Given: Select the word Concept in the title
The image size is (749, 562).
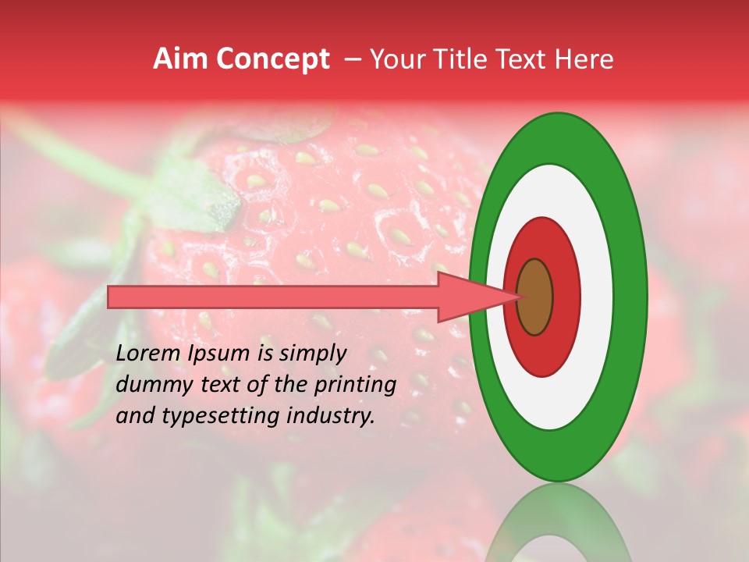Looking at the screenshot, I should point(272,59).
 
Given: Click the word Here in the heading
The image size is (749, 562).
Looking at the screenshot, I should point(584,59).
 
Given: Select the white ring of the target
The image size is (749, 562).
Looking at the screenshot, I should point(596,297).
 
